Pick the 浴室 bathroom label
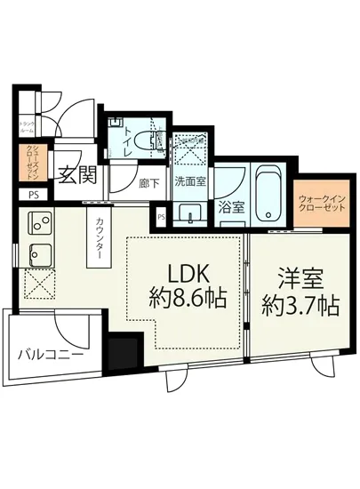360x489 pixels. (233, 209)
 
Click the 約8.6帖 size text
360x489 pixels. (187, 302)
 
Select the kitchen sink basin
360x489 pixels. (41, 253)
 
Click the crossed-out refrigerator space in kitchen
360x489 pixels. (40, 286)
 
